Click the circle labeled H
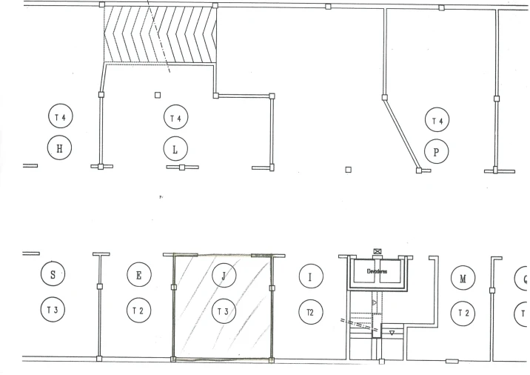point(59,148)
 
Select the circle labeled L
point(175,149)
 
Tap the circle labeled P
point(437,152)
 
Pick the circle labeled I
point(310,277)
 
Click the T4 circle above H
point(59,116)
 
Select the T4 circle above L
point(175,117)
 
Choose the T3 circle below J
point(222,311)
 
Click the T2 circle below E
point(138,310)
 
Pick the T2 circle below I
point(310,312)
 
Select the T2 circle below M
point(463,313)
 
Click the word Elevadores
point(378,271)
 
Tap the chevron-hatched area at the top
point(159,33)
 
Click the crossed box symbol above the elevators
point(378,253)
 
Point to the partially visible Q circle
point(523,279)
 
